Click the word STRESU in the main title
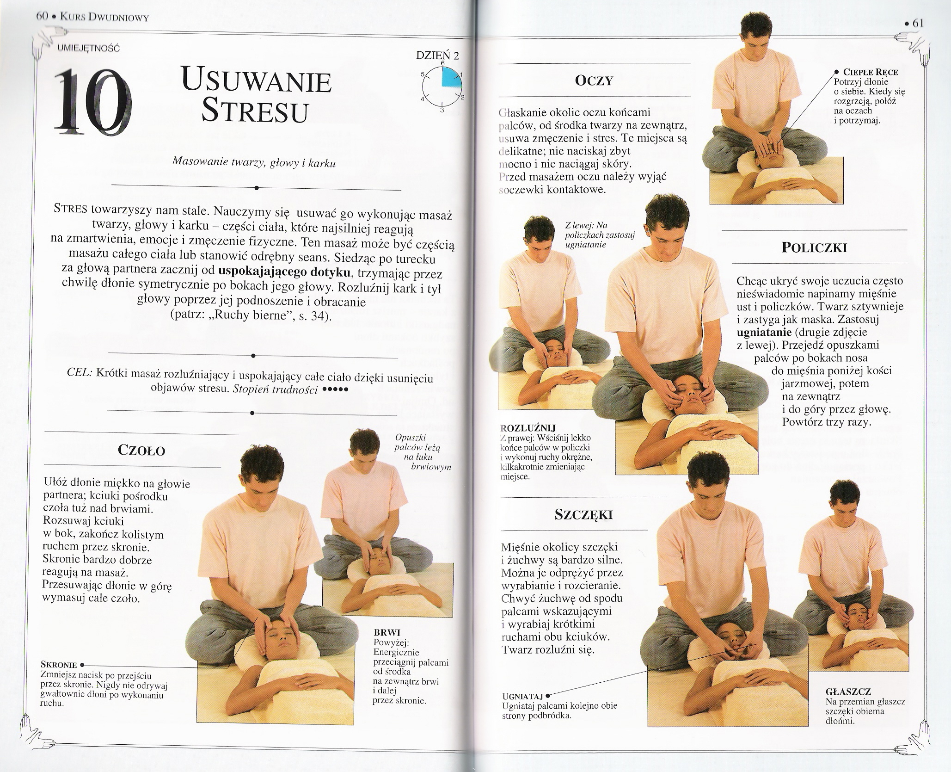[255, 111]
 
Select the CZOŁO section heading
[142, 451]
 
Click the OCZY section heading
[594, 81]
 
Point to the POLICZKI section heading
[814, 248]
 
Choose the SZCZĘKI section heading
[583, 515]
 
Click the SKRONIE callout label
[59, 665]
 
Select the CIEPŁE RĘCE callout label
[871, 73]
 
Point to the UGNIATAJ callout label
[523, 697]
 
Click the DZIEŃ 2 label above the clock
[437, 56]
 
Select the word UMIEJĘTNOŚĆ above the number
[88, 47]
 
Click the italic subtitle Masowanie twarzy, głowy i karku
[253, 162]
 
